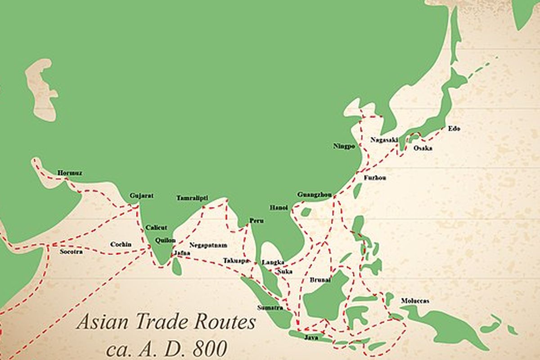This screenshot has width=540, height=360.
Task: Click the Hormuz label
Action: point(70,173)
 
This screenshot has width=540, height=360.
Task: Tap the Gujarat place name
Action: point(141,196)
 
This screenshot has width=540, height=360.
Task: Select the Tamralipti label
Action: point(192,198)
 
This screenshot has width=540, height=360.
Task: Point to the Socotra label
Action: point(71,252)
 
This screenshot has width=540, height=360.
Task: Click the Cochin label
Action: point(121,244)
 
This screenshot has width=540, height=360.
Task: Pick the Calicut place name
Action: point(156,228)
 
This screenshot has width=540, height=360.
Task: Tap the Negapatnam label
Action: point(208,245)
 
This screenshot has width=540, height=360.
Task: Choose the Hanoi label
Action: point(278,207)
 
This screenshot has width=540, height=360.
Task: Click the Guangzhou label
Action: point(315,194)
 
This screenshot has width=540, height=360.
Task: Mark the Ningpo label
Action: point(344,146)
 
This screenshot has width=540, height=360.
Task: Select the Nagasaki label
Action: point(384,139)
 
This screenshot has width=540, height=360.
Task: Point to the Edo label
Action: point(454,129)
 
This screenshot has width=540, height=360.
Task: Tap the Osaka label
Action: point(423,148)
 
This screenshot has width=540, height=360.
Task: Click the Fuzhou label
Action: point(375,178)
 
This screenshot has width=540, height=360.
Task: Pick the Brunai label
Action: point(320,280)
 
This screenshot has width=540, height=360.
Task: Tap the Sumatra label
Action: point(270,308)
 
